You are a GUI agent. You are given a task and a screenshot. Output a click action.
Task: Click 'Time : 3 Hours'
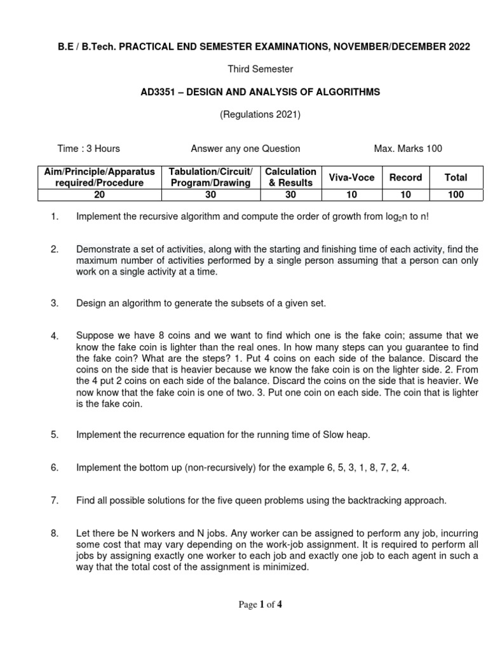[x=88, y=149]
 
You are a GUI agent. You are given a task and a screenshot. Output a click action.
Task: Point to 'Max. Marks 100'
[x=408, y=149]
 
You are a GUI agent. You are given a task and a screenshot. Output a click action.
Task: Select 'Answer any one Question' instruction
[x=245, y=149]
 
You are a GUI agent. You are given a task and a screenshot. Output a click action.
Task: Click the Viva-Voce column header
[x=351, y=177]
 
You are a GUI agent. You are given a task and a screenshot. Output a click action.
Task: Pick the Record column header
[x=405, y=177]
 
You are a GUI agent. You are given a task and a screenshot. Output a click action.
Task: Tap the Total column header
[x=456, y=177]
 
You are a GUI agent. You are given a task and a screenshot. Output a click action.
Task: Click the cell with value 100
[x=456, y=195]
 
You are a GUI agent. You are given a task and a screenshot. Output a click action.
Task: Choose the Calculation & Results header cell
[x=290, y=177]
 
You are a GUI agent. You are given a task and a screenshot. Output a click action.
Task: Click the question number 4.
[x=55, y=336]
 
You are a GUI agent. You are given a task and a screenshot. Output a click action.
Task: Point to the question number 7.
[x=55, y=501]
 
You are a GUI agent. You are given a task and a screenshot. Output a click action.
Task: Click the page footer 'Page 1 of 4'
[x=260, y=605]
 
